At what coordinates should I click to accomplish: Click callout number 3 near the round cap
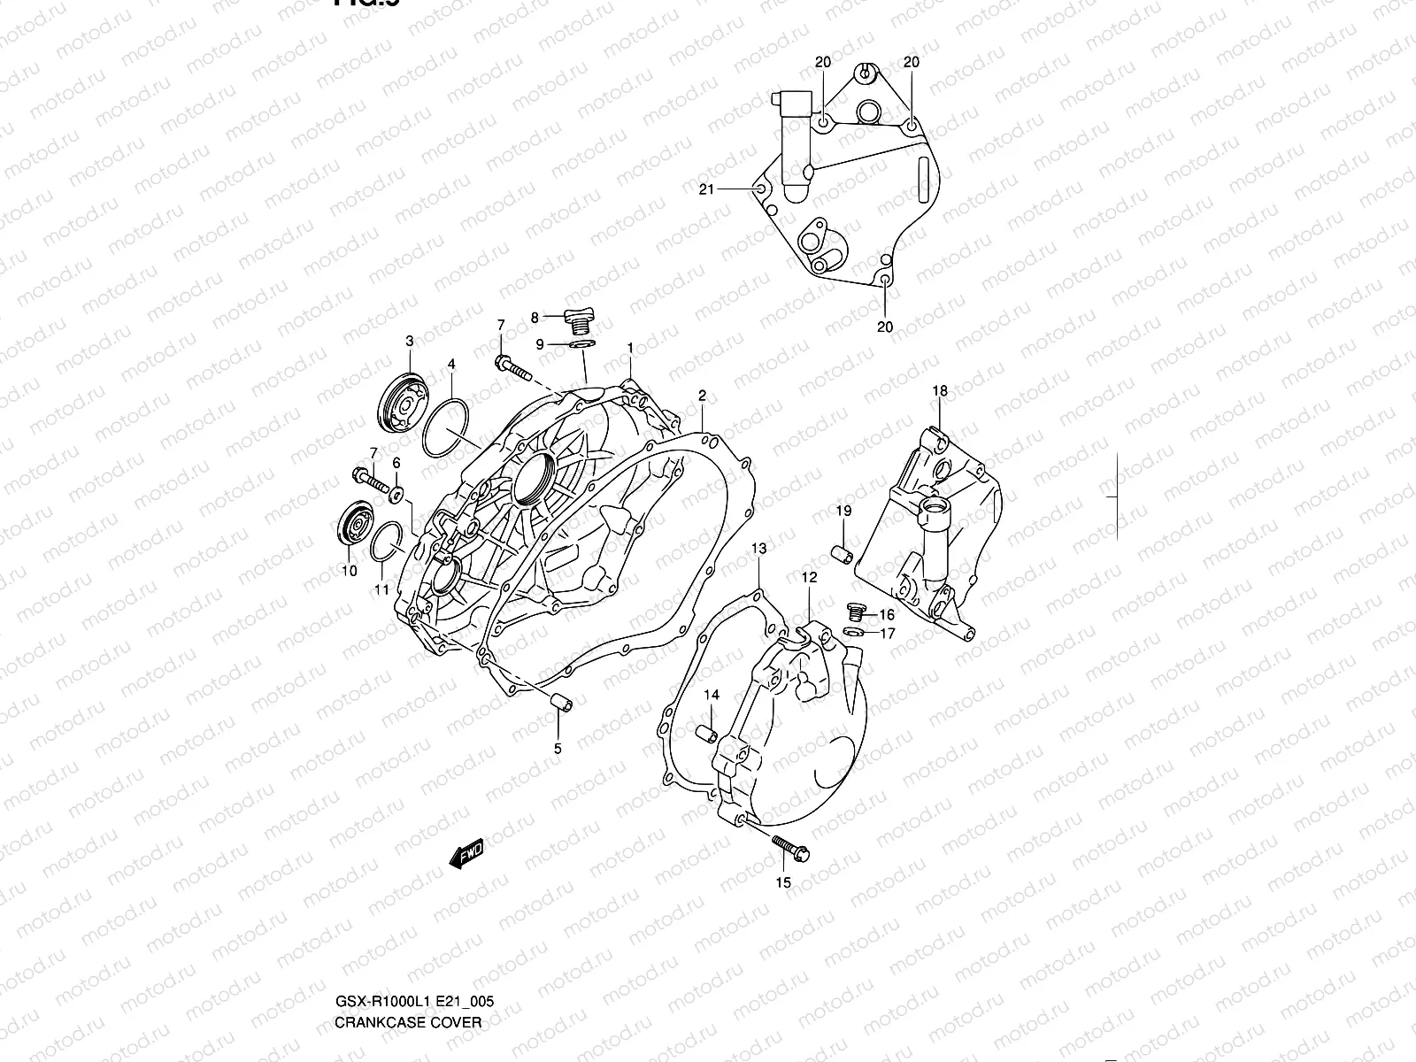(410, 341)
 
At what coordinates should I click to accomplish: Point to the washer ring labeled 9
(581, 343)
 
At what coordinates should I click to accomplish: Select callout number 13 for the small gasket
(759, 550)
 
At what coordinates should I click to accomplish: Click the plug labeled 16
(855, 612)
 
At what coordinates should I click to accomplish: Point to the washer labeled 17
(855, 632)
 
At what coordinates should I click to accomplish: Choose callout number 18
(939, 390)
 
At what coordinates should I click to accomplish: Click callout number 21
(706, 189)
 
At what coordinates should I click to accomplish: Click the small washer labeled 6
(397, 492)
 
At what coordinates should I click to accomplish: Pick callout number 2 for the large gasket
(702, 395)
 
